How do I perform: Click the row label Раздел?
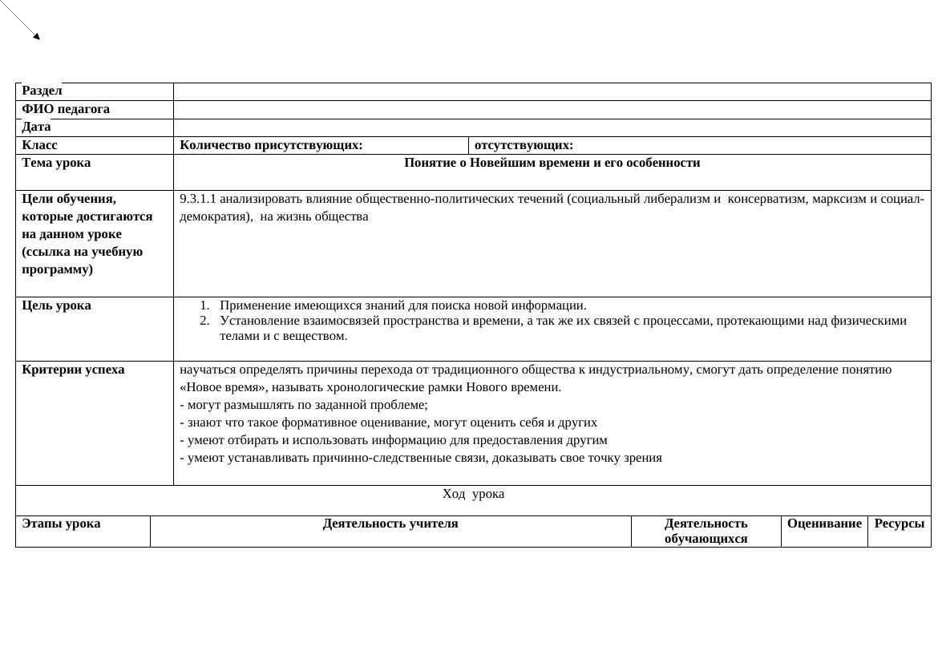(x=42, y=91)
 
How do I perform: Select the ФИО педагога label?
(x=66, y=109)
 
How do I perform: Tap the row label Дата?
(x=36, y=127)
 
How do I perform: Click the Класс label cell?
(x=40, y=145)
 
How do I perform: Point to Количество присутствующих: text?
(x=271, y=145)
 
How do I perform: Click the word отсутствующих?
(x=524, y=145)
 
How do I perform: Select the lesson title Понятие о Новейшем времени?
(x=552, y=163)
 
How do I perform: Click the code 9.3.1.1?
(x=198, y=199)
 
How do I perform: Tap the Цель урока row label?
(x=56, y=305)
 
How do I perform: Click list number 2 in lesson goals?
(x=204, y=321)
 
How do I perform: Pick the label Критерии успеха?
(x=73, y=370)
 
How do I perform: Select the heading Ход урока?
(x=473, y=494)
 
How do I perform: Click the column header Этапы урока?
(x=61, y=524)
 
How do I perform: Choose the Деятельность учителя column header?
(x=390, y=524)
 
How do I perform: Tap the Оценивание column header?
(x=824, y=524)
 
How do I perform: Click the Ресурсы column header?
(x=899, y=524)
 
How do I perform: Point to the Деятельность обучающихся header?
(x=706, y=531)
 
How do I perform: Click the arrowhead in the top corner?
(x=36, y=36)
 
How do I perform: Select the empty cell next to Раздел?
(x=552, y=91)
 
